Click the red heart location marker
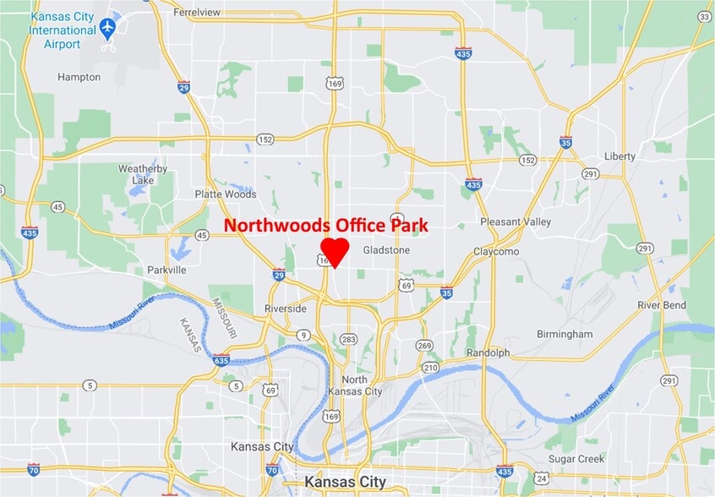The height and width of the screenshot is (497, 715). [x=335, y=252]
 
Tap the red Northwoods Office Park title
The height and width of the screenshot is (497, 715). [x=326, y=226]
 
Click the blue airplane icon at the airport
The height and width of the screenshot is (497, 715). [x=106, y=29]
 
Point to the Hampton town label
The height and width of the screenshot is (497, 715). [x=79, y=77]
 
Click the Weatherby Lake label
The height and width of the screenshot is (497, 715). [x=142, y=174]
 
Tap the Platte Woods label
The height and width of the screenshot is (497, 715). [x=225, y=194]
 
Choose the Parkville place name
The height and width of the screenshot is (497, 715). [x=166, y=270]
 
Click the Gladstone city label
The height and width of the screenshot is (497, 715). [x=386, y=250]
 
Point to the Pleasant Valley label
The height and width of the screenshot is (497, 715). [x=516, y=221]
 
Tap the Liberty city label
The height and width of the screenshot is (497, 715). [x=619, y=156]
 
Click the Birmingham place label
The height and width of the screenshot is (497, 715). [x=565, y=334]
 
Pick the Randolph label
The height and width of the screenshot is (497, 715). [x=488, y=352]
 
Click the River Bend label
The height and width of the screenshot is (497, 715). [x=662, y=305]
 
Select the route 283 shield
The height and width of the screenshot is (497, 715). [x=348, y=339]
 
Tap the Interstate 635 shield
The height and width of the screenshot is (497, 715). [x=221, y=361]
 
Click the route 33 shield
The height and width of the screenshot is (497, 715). [x=703, y=16]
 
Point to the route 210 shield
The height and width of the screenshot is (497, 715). [x=431, y=368]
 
